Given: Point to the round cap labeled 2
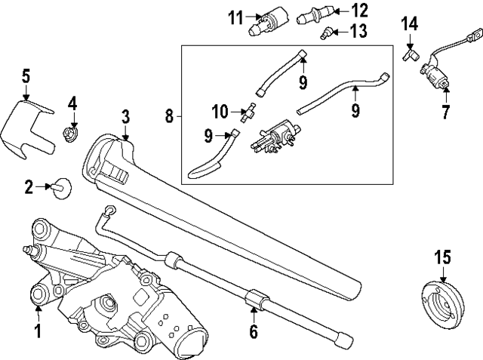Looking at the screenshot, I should click(x=62, y=187).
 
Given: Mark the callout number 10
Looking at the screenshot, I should click(x=219, y=112).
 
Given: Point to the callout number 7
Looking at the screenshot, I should click(x=445, y=113).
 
